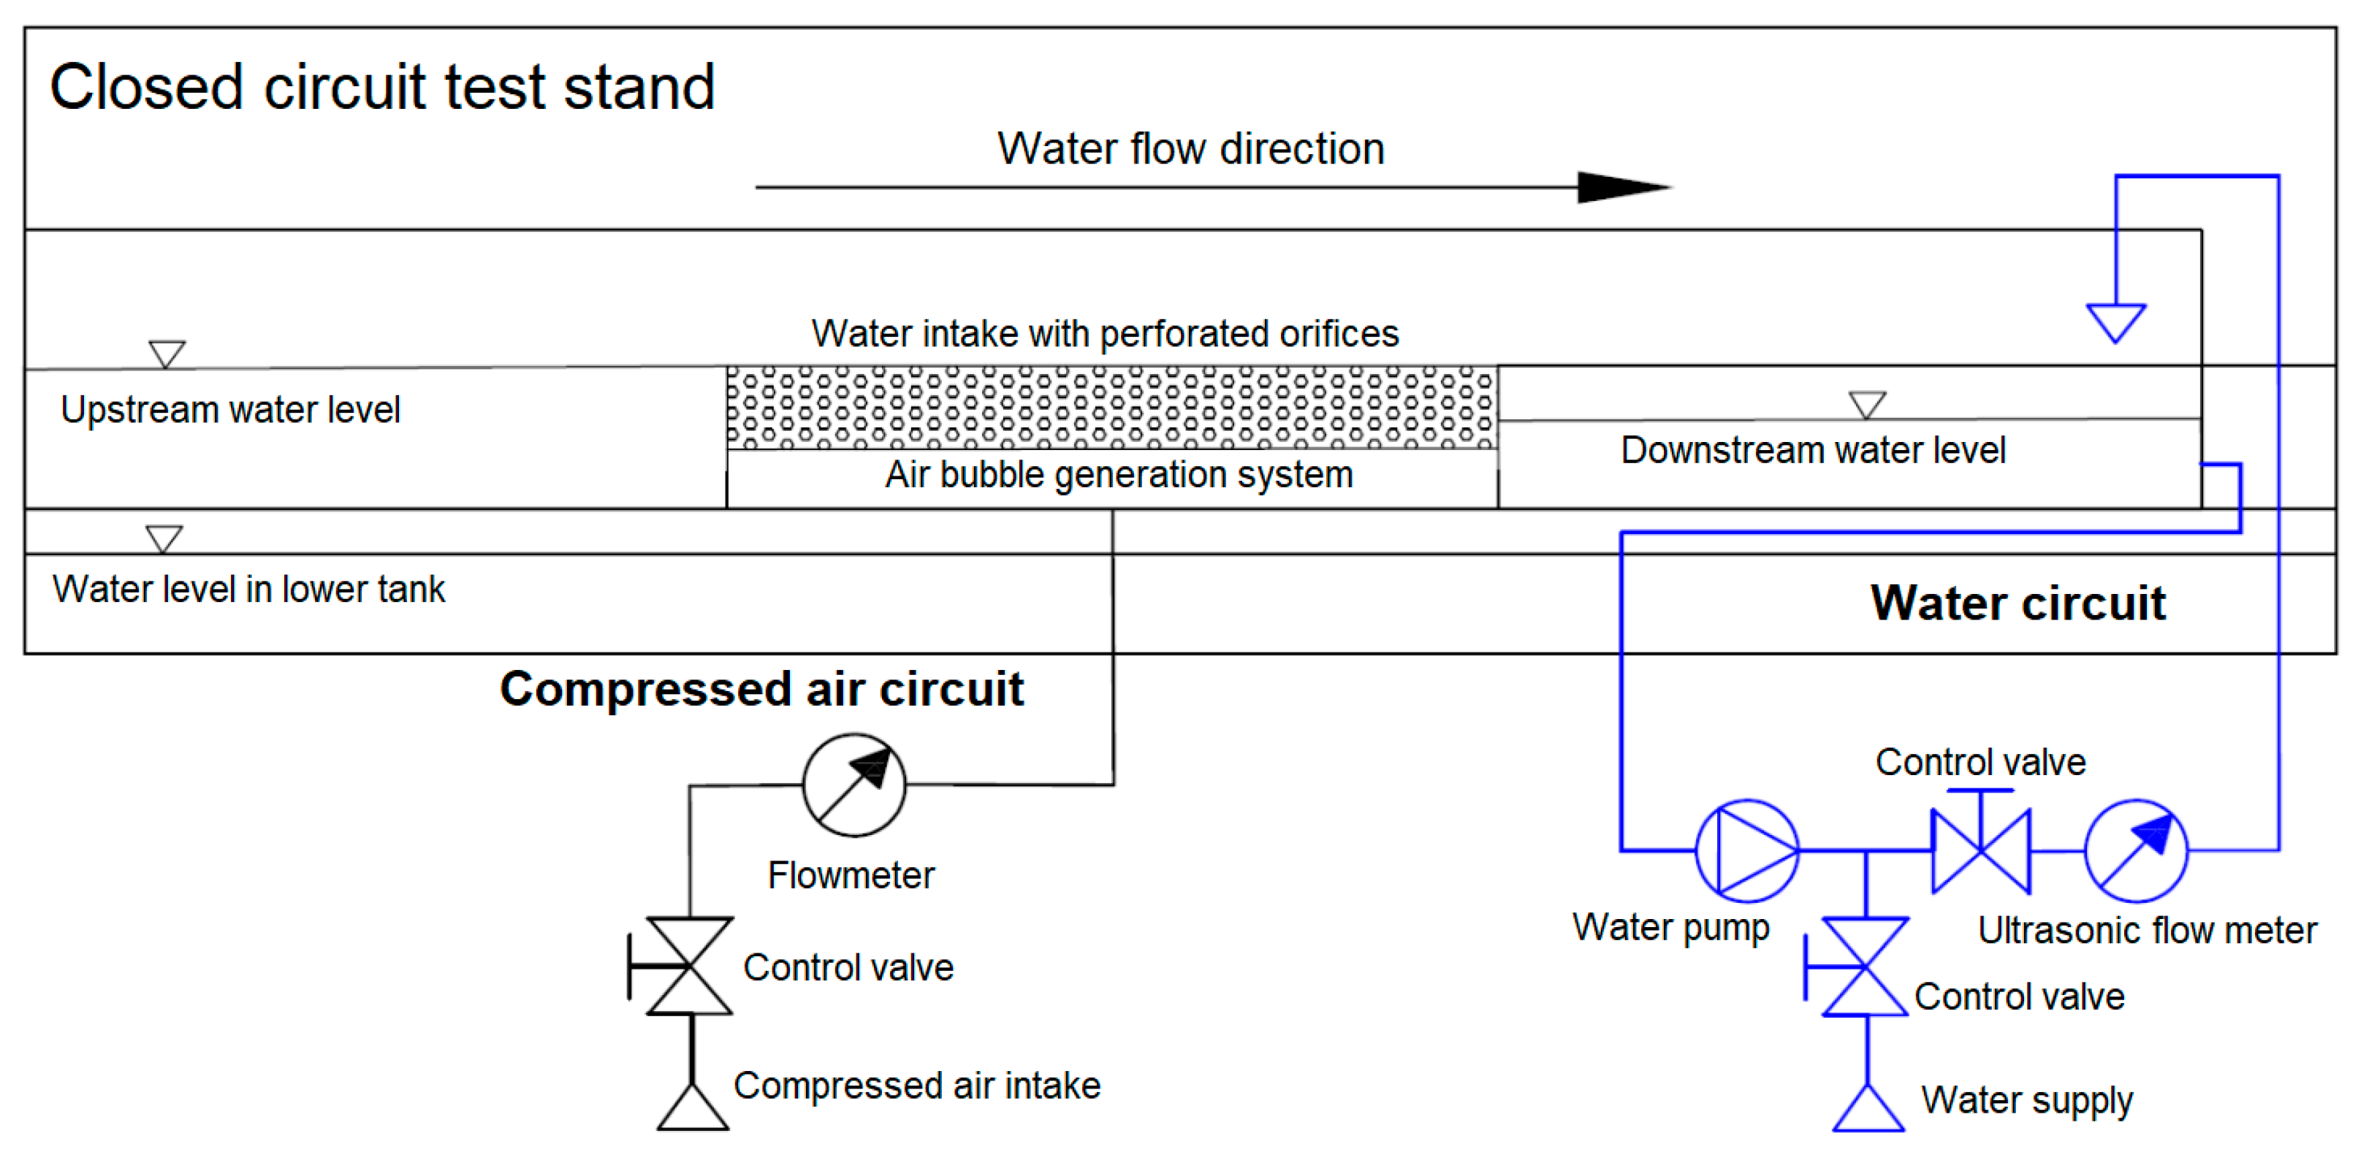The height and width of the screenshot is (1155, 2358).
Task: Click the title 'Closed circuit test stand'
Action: click(x=381, y=88)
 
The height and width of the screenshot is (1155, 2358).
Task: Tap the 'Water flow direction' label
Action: click(x=1190, y=149)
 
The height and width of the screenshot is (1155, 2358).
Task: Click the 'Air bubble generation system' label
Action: click(x=1119, y=475)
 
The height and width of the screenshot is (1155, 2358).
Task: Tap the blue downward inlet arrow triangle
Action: click(x=2115, y=321)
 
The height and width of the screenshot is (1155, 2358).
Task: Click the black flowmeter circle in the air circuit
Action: click(x=854, y=785)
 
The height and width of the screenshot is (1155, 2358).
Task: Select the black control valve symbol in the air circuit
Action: click(x=688, y=967)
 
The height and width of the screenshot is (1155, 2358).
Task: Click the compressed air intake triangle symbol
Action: click(x=693, y=1109)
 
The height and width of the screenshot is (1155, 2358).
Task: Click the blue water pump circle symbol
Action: click(x=1746, y=851)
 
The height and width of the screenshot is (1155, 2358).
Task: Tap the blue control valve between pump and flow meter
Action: click(x=1981, y=851)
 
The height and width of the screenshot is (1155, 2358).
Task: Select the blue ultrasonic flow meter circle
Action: click(x=2136, y=851)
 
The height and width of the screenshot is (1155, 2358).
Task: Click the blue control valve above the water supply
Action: click(x=1865, y=967)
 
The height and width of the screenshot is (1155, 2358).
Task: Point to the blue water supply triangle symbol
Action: click(x=1868, y=1110)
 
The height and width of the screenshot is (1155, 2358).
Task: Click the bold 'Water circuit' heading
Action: click(x=2017, y=603)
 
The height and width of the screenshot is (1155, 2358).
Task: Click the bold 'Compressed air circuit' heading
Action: click(x=761, y=689)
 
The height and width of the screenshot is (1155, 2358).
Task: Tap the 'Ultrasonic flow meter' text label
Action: click(x=2147, y=931)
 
